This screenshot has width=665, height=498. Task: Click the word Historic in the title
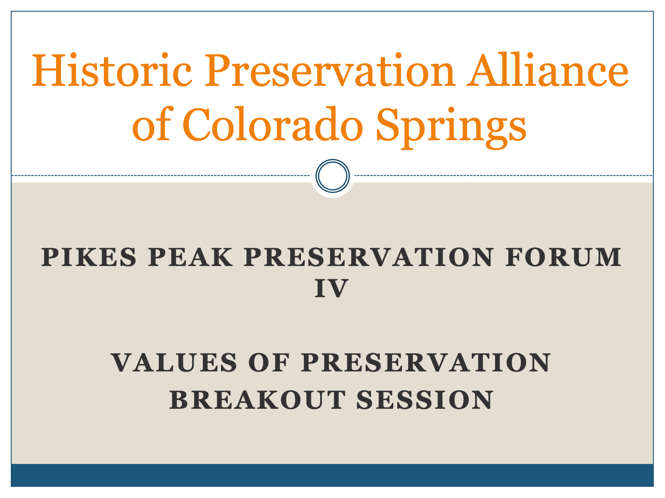tap(112, 70)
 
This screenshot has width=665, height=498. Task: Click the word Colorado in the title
tap(273, 124)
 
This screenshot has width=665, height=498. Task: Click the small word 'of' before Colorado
tap(153, 124)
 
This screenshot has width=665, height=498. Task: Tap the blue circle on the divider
tap(332, 176)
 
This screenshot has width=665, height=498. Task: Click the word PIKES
tap(89, 257)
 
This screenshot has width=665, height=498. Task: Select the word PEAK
tap(190, 257)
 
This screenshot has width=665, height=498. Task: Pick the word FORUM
tap(563, 257)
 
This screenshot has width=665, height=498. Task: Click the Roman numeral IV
tap(331, 288)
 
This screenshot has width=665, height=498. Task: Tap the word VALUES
tap(174, 363)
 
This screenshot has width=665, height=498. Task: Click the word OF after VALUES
tap(269, 363)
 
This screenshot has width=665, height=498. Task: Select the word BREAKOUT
tap(257, 400)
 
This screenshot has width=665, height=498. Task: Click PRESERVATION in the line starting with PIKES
tap(369, 257)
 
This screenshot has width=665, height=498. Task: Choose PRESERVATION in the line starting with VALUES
tap(426, 363)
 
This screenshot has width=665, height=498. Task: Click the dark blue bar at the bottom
tap(332, 475)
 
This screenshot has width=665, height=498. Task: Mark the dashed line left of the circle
tap(160, 176)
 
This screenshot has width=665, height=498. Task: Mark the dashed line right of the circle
tap(504, 176)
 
